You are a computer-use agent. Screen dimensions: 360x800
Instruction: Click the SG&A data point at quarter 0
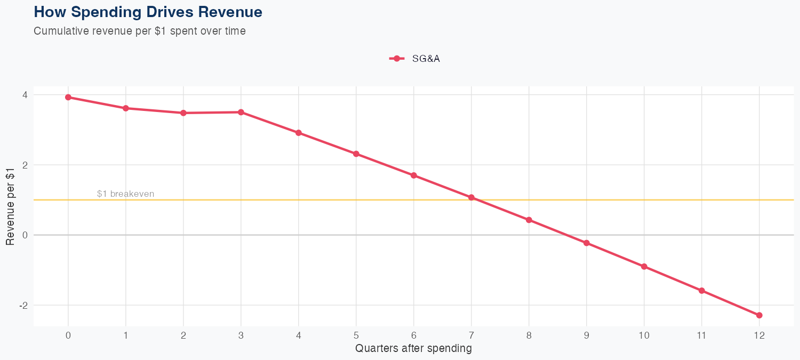coord(68,97)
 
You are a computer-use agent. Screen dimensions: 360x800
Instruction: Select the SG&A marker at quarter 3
coord(241,112)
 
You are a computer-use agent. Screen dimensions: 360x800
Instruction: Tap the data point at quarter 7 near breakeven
coord(471,197)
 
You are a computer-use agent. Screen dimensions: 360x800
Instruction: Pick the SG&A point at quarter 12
coord(759,315)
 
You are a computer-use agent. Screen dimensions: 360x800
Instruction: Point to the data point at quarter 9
coord(587,243)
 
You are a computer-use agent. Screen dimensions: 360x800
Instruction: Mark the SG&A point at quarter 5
coord(356,154)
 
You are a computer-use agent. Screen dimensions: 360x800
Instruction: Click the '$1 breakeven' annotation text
coord(125,194)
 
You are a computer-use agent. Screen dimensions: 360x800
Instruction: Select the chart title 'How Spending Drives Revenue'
coord(148,12)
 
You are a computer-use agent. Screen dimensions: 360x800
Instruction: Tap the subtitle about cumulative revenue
coord(140,31)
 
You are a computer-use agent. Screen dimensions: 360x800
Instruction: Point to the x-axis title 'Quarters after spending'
coord(413,349)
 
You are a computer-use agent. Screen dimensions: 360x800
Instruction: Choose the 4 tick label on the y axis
coord(25,95)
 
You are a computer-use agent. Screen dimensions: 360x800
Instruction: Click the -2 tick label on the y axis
coord(23,305)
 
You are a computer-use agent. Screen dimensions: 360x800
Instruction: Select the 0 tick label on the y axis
coord(25,235)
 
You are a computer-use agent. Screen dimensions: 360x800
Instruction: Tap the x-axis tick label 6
coord(414,335)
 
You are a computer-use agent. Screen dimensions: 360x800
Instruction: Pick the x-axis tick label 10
coord(644,335)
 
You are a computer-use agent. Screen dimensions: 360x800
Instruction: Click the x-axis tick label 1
coord(126,335)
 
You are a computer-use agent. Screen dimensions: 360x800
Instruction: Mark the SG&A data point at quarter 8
coord(529,220)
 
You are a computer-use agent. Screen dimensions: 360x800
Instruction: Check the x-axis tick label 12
coord(759,335)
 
